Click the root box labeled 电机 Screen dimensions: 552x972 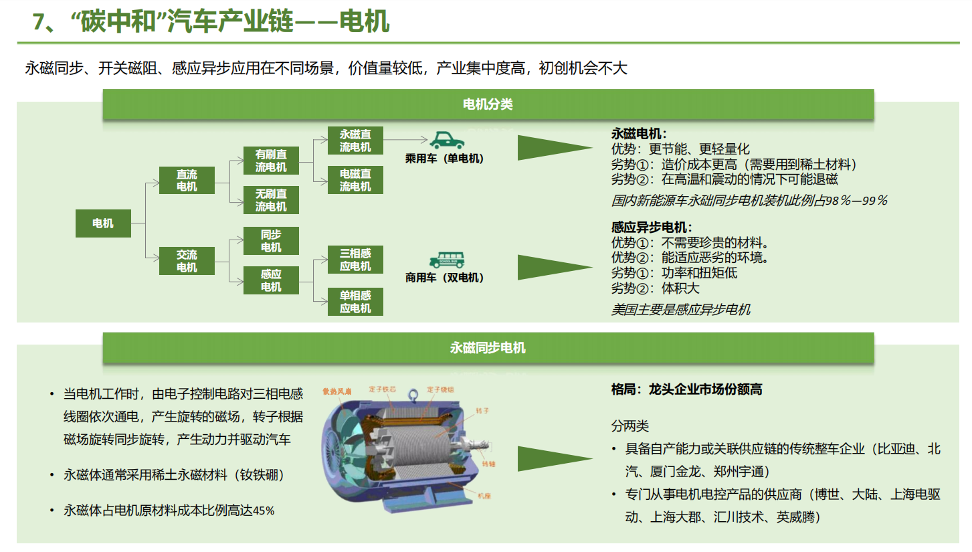coord(103,223)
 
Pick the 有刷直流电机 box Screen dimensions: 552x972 coord(271,161)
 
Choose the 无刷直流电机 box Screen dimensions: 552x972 coord(271,200)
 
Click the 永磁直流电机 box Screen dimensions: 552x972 coord(355,141)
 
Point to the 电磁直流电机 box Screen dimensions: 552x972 coord(355,180)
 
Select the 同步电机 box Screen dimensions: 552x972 coord(271,241)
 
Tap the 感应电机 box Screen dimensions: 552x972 coord(271,280)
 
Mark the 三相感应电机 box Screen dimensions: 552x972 coord(355,260)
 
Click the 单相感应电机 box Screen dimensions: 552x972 coord(355,302)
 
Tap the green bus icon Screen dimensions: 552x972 coord(447,260)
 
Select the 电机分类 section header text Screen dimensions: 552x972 coord(488,104)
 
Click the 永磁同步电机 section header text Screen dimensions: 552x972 coord(488,348)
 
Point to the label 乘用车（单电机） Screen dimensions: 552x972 coord(444,159)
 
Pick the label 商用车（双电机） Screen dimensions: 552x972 coord(444,278)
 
